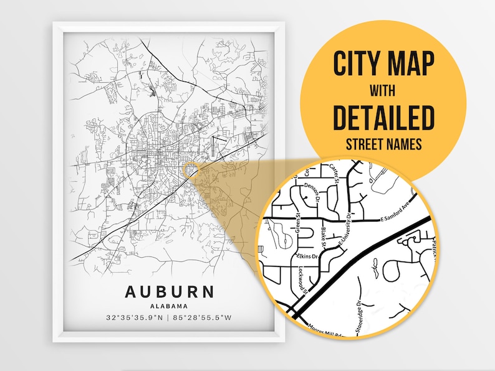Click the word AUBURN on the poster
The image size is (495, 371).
[169, 291]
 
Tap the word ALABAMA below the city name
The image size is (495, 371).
[169, 305]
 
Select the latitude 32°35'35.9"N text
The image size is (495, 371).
[135, 318]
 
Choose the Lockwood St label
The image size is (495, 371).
[300, 279]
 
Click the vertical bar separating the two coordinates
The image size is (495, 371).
[170, 318]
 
